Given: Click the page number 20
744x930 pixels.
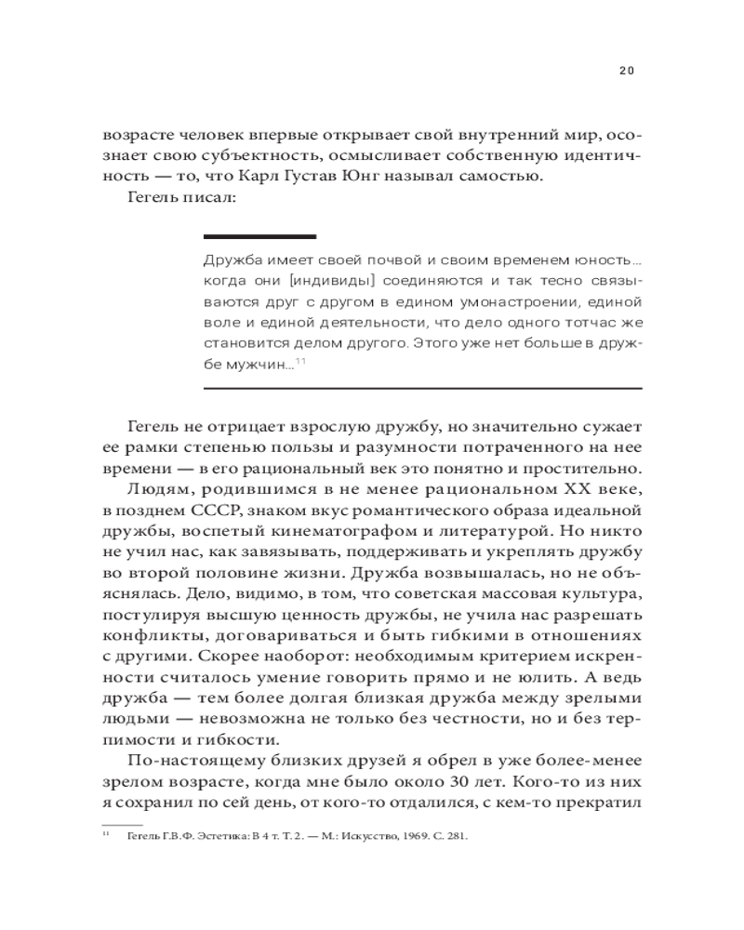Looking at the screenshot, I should click(x=626, y=70).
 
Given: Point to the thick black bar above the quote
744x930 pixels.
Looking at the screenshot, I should click(x=259, y=237).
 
